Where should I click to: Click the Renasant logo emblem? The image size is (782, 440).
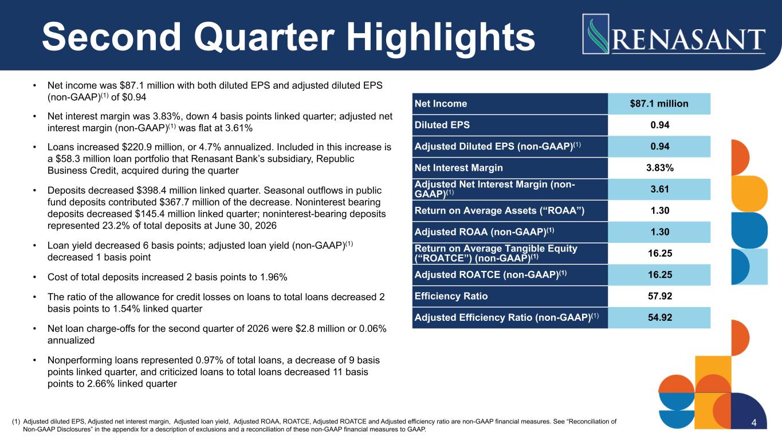(x=596, y=34)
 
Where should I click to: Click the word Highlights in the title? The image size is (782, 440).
(x=441, y=38)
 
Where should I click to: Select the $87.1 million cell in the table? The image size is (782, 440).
(x=659, y=104)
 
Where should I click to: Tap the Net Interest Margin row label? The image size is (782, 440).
(x=459, y=168)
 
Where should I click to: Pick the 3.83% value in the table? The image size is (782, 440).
(x=660, y=168)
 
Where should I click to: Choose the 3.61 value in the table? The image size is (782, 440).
(x=660, y=189)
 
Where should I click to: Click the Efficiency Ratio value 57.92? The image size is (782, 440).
(x=660, y=296)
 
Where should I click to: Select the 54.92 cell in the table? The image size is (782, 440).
(x=659, y=317)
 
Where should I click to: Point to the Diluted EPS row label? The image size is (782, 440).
(x=442, y=125)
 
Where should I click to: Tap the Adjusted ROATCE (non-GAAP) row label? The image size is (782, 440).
(x=490, y=275)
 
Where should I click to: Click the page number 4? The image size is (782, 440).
(x=754, y=423)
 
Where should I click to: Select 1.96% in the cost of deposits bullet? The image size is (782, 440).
(x=274, y=277)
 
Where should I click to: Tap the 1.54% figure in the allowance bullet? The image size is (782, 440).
(x=127, y=309)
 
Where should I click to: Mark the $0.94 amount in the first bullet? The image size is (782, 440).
(x=135, y=97)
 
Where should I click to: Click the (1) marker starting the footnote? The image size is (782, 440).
(x=16, y=422)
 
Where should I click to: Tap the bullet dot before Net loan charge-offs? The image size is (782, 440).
(x=34, y=329)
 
